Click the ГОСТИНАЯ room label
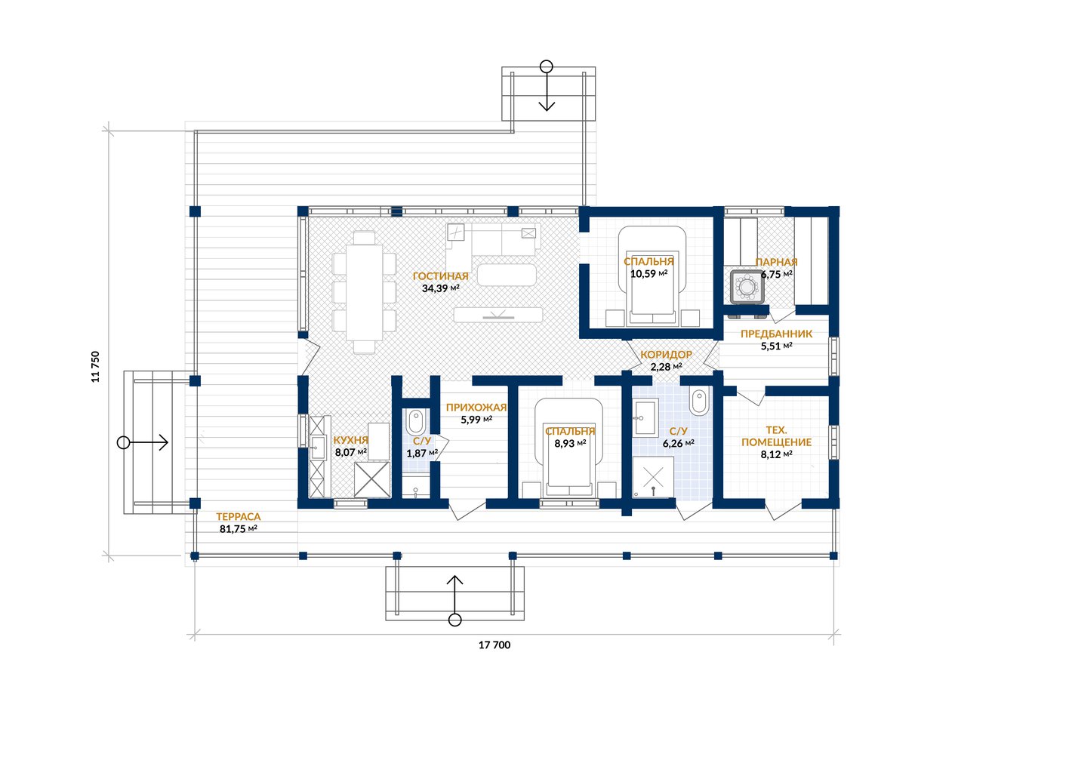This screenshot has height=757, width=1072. pyautogui.click(x=440, y=276)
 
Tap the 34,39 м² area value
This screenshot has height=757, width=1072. pyautogui.click(x=440, y=288)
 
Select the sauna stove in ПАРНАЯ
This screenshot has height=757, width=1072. pyautogui.click(x=747, y=287)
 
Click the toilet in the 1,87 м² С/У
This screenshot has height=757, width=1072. pyautogui.click(x=415, y=421)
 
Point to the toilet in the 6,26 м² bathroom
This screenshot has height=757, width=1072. pyautogui.click(x=699, y=401)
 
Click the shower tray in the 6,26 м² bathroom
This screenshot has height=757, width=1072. pyautogui.click(x=653, y=476)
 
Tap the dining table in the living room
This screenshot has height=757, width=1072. pyautogui.click(x=364, y=292)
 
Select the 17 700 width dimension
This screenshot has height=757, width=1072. pyautogui.click(x=494, y=645)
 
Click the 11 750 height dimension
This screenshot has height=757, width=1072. pyautogui.click(x=95, y=367)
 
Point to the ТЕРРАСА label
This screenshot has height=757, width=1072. pyautogui.click(x=239, y=517)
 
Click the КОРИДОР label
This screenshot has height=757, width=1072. pyautogui.click(x=666, y=355)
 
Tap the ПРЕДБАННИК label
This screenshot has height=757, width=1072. pyautogui.click(x=776, y=334)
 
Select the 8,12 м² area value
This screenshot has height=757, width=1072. pyautogui.click(x=776, y=454)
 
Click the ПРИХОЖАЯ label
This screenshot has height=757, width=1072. pyautogui.click(x=476, y=408)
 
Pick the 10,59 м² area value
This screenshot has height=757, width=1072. pyautogui.click(x=648, y=274)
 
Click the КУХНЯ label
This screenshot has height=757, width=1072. pyautogui.click(x=351, y=440)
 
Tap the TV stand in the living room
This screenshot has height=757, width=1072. pyautogui.click(x=498, y=315)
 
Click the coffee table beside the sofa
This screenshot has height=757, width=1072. pyautogui.click(x=507, y=275)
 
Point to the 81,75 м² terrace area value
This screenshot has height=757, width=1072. pyautogui.click(x=239, y=529)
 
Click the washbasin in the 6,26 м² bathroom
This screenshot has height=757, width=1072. pyautogui.click(x=645, y=417)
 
